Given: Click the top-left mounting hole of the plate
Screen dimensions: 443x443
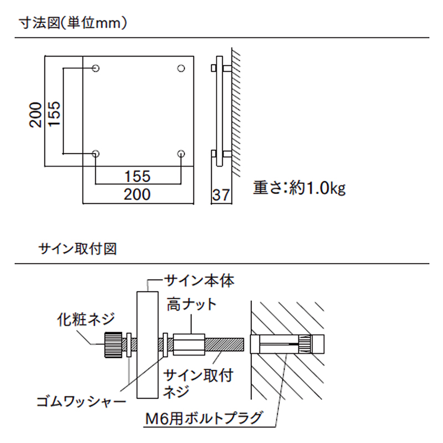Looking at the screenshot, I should [x=96, y=69].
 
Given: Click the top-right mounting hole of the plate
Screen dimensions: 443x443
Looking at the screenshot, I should [x=181, y=69].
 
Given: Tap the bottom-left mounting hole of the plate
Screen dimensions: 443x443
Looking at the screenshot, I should [x=96, y=153].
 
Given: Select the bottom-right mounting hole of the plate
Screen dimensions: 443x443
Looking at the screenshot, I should [x=181, y=153].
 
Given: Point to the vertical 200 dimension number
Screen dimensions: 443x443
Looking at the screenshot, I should [x=36, y=115].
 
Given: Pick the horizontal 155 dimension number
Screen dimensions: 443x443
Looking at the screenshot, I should [x=137, y=176].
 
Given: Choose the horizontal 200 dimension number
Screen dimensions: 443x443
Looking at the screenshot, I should [x=137, y=194].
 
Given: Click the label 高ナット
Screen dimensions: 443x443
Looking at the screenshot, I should [x=192, y=304].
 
